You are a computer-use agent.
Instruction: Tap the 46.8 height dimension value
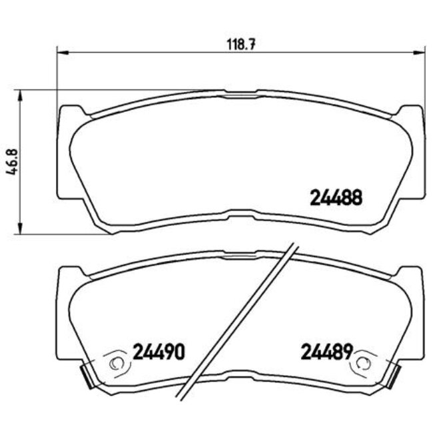[x=11, y=162]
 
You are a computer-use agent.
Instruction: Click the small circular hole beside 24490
[x=118, y=363]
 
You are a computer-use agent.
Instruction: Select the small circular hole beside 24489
[x=364, y=363]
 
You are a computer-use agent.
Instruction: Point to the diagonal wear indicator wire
[x=240, y=320]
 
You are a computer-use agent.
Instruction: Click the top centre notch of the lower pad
[x=240, y=254]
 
